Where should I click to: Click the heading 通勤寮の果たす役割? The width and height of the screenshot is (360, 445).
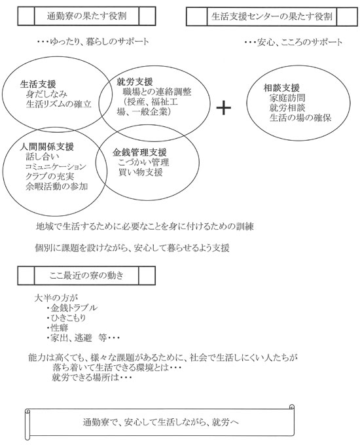coord(86,16)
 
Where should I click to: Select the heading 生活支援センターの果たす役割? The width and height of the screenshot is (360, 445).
coord(272,16)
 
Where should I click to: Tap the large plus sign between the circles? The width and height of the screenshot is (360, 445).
coord(224,108)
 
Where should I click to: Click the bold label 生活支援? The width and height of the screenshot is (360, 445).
coord(38,84)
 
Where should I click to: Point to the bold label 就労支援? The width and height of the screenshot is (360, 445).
coord(135,82)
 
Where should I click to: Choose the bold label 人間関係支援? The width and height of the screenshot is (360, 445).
coord(47,147)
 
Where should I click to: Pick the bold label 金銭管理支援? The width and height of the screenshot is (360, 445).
coord(139,152)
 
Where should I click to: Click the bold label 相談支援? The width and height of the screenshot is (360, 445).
coord(281,88)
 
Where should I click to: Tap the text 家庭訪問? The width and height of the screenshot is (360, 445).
coord(287,98)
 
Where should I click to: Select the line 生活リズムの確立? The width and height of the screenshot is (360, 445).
coord(59,104)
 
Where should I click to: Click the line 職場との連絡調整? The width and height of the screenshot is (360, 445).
coord(156,92)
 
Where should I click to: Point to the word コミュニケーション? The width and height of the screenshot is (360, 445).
coord(56,167)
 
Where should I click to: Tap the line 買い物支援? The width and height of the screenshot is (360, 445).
coord(140,172)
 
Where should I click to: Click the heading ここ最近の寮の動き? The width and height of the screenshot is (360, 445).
coord(86,276)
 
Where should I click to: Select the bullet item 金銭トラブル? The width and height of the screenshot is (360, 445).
coord(72,308)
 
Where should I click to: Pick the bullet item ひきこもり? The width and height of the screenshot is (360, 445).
coord(66,318)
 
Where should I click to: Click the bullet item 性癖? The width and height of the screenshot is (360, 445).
coord(58,328)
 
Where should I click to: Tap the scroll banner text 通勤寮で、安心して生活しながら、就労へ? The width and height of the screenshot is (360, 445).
coord(161,422)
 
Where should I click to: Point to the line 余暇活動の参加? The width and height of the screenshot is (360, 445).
coord(56,187)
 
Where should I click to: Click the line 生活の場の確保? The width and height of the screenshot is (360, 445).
coord(300,118)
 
